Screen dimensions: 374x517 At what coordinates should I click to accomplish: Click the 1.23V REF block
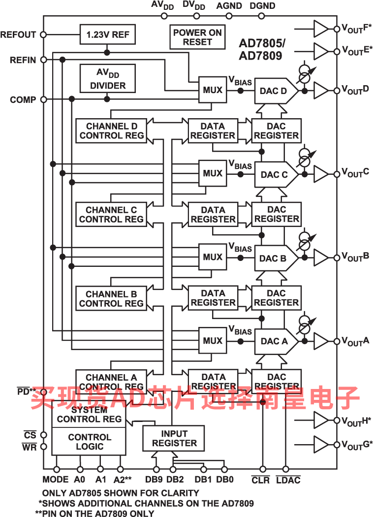(107, 34)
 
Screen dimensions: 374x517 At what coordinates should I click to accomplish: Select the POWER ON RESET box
(197, 37)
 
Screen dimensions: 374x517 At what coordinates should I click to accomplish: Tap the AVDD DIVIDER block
(107, 78)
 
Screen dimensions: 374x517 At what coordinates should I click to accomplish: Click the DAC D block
(276, 91)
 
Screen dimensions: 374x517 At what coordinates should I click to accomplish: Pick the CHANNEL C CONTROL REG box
(111, 214)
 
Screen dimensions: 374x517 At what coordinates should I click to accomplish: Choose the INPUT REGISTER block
(173, 438)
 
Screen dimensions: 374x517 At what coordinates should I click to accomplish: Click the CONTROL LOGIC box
(89, 442)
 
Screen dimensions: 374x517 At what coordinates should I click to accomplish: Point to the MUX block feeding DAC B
(213, 257)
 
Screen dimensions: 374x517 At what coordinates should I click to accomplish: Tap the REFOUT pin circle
(43, 34)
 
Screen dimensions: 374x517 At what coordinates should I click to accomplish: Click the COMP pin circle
(43, 99)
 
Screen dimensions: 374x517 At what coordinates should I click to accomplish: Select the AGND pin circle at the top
(229, 16)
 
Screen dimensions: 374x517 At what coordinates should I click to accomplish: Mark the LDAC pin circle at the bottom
(286, 469)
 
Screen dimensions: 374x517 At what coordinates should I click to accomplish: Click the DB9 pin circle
(156, 469)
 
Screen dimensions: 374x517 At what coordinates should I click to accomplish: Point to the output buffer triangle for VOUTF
(321, 29)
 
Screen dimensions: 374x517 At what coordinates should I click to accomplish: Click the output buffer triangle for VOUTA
(321, 341)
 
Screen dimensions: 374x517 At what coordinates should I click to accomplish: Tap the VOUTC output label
(355, 172)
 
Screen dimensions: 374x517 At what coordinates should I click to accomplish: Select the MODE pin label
(56, 479)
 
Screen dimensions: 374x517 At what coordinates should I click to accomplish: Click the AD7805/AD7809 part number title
(262, 49)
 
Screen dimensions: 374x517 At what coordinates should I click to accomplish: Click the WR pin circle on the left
(43, 447)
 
